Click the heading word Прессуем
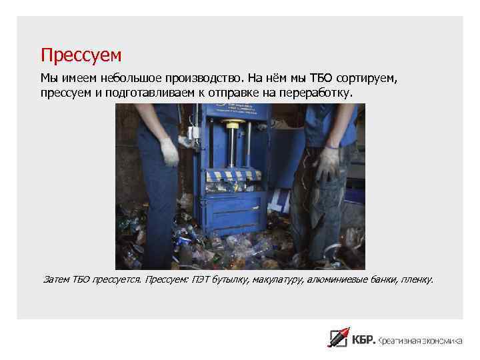click(81, 53)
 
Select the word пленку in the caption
click(417, 279)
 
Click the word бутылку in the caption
click(229, 279)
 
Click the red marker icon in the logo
click(339, 337)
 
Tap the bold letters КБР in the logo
click(364, 340)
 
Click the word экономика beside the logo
click(437, 341)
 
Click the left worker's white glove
click(169, 152)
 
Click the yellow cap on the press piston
click(233, 123)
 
